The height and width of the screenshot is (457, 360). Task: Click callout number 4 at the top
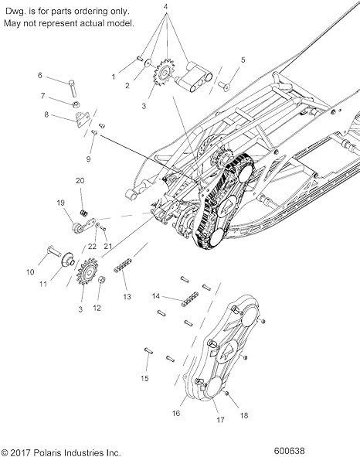click(x=165, y=6)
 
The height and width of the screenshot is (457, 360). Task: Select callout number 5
click(x=243, y=60)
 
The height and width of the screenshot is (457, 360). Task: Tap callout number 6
click(x=39, y=75)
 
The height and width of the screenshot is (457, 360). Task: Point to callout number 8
click(x=46, y=114)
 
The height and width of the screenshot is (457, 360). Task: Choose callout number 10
click(x=31, y=271)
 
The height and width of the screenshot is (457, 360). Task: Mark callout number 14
click(x=155, y=296)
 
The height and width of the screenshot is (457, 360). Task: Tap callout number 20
click(x=80, y=180)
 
